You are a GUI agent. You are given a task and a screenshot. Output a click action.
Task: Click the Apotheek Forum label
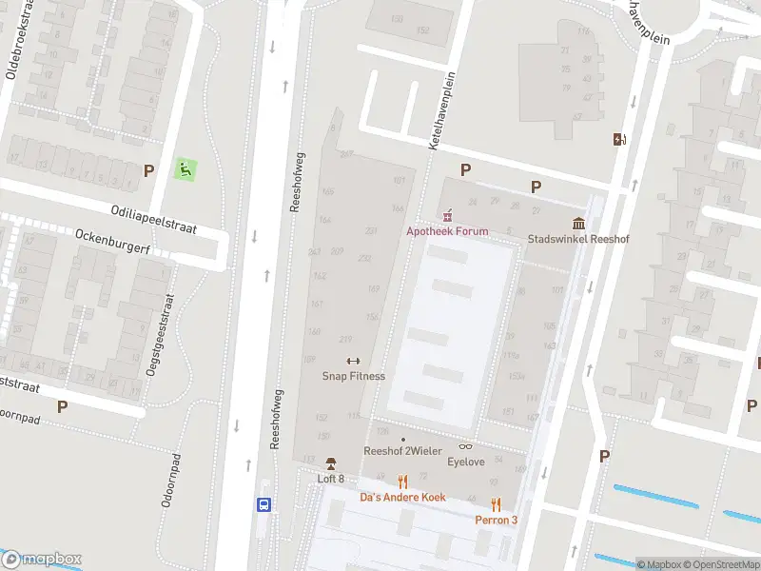[x=447, y=231]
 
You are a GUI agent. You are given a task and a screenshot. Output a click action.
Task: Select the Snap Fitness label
[x=353, y=376]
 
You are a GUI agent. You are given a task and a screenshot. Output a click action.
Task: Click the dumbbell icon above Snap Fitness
[x=353, y=361]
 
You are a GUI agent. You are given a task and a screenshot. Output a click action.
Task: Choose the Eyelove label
[x=466, y=462]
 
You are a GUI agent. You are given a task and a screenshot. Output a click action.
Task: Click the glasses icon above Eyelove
[x=466, y=446]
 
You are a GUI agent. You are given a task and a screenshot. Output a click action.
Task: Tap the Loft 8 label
[x=330, y=479]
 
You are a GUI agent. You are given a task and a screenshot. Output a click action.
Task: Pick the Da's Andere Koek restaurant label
[x=402, y=497]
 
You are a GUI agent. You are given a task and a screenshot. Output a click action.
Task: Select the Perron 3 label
[x=497, y=520]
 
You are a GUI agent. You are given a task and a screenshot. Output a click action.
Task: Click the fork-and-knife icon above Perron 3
[x=497, y=504]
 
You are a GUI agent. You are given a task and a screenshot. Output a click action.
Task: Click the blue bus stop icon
[x=264, y=505]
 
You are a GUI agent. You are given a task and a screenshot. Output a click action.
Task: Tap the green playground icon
[x=185, y=170]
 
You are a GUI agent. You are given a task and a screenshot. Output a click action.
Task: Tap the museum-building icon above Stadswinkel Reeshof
[x=578, y=224]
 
